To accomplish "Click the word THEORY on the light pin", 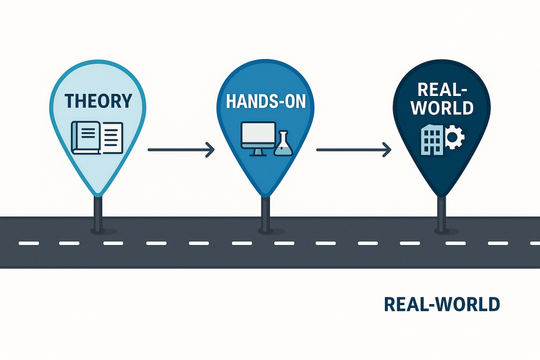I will coord(98,101).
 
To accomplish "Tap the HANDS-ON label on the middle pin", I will coord(265,101).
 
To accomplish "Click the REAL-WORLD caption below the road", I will coord(442,305).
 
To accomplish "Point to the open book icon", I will coord(98,138).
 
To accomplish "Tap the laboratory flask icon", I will coord(283,144).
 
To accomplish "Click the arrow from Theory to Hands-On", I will coord(181,150).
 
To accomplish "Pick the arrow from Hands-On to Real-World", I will coord(353,150).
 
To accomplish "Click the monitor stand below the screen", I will coord(258,152).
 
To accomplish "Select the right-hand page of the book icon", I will coord(112,138).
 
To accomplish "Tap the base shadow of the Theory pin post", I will coord(98,231).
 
